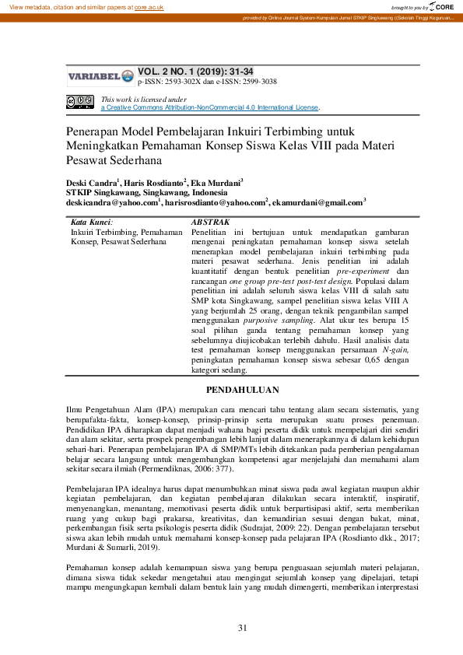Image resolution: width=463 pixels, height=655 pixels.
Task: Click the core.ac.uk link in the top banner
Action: tap(150, 6)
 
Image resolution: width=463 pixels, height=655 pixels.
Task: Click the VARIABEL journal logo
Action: tap(100, 76)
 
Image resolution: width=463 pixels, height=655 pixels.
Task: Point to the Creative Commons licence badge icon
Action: tap(80, 100)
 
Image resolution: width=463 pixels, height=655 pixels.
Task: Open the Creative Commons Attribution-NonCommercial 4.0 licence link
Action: tap(209, 107)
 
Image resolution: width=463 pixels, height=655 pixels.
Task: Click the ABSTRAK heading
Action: tap(210, 222)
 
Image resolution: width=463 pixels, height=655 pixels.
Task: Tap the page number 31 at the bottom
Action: tap(242, 628)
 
